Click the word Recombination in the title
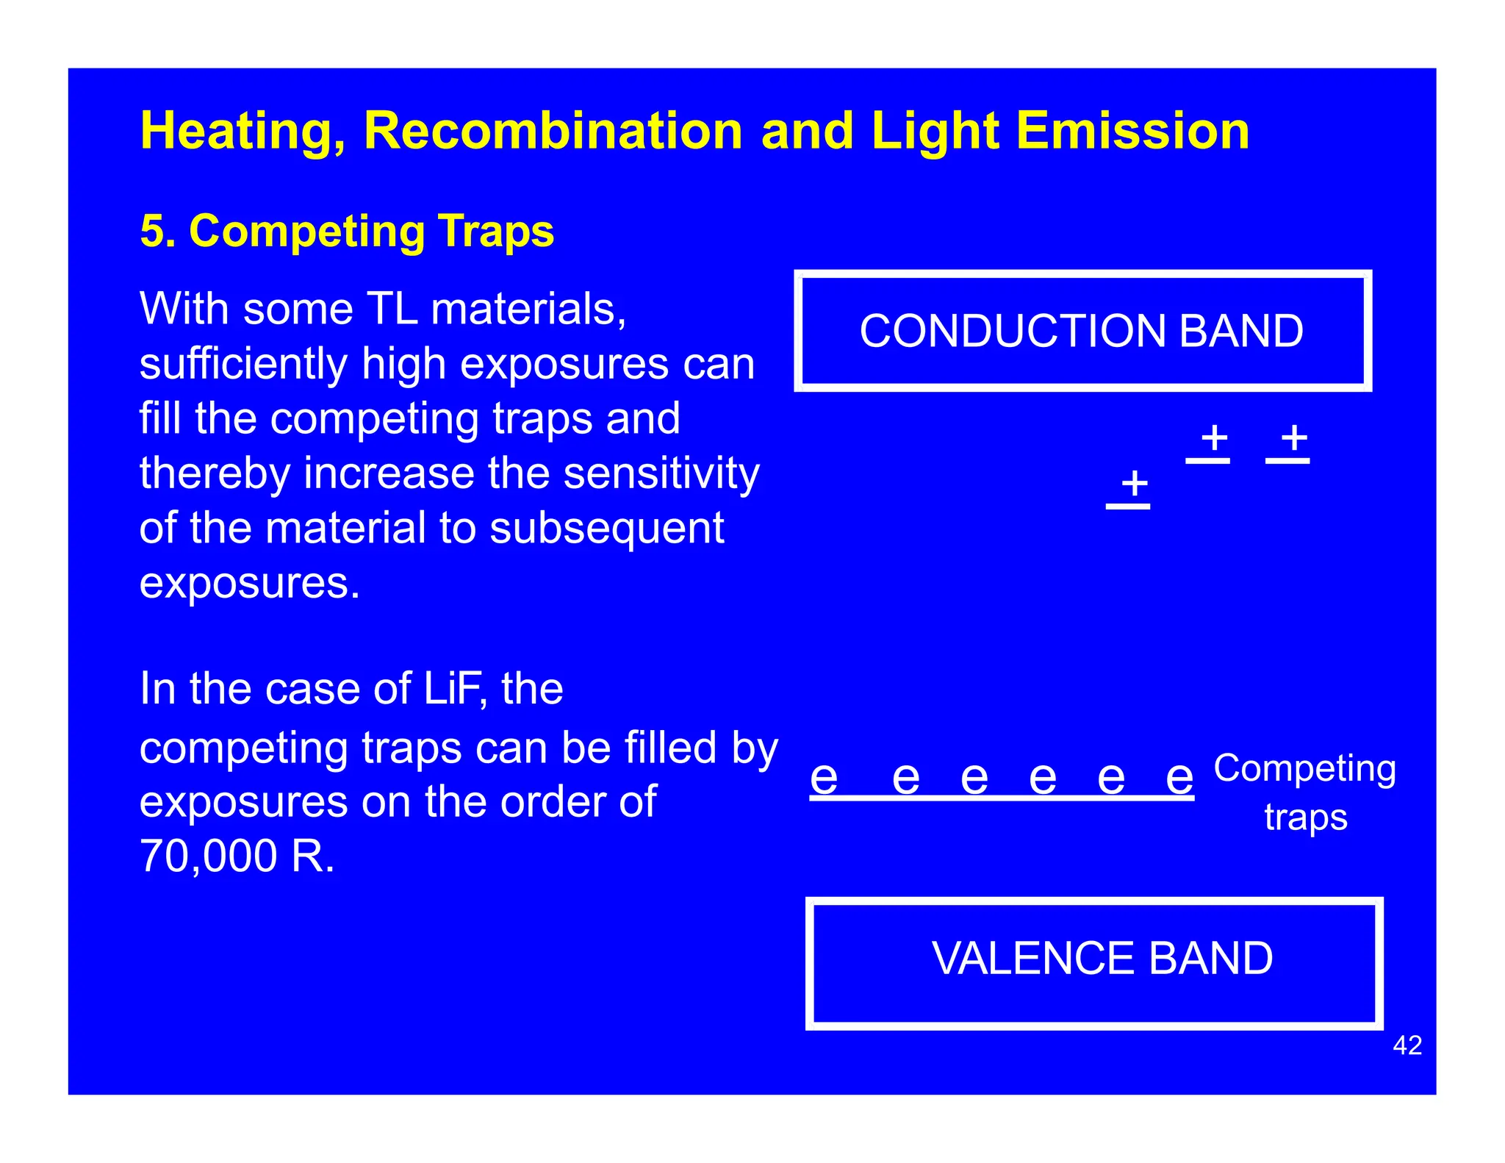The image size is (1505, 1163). coord(553,131)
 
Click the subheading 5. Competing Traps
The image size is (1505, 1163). coord(347,231)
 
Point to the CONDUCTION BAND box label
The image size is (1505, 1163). coord(1081,331)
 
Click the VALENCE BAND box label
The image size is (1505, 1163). coord(1102,958)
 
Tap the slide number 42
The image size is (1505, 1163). coord(1407,1045)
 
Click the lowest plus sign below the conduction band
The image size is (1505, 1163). coord(1134,483)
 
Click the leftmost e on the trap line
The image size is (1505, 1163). coord(824,778)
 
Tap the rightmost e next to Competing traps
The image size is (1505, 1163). coord(1179,778)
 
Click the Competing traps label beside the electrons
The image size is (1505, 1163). coord(1305,792)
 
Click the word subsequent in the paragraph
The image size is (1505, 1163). coord(606,528)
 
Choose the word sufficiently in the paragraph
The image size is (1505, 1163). coord(243,364)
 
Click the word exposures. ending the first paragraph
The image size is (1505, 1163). coord(250,583)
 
